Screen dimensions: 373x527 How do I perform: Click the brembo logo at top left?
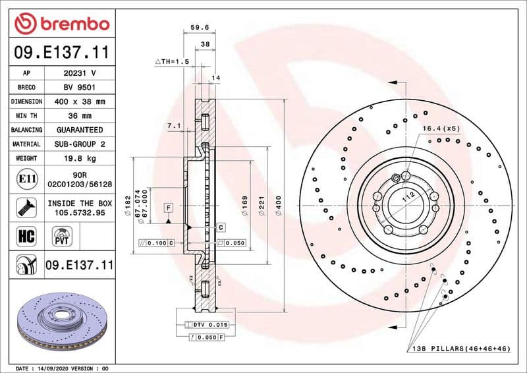coord(61,24)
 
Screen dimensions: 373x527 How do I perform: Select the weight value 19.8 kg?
coord(79,158)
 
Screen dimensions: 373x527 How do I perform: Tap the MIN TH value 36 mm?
coord(79,116)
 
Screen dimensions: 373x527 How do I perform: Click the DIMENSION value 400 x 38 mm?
coord(79,101)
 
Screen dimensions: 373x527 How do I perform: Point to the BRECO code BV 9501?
coord(79,87)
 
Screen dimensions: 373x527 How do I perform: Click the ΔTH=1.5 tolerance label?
coord(172,61)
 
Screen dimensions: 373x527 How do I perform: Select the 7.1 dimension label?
coord(174,125)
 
